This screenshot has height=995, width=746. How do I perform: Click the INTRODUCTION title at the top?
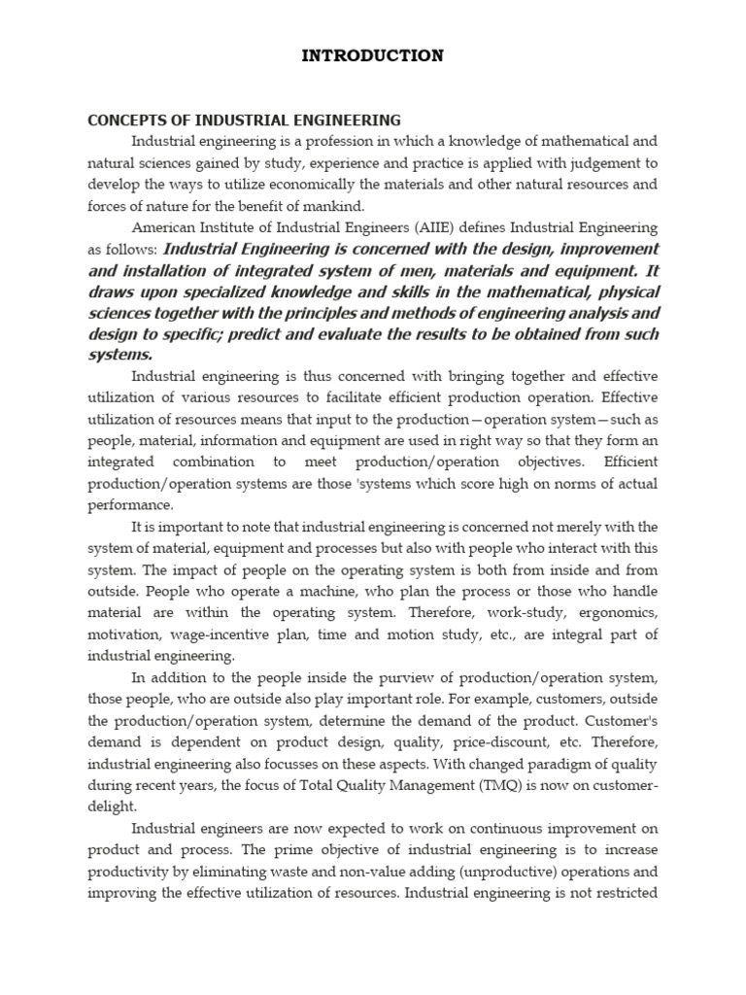tap(372, 55)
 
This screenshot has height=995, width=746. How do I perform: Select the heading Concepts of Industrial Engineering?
tap(244, 120)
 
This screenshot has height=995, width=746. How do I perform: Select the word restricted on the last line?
tap(627, 893)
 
